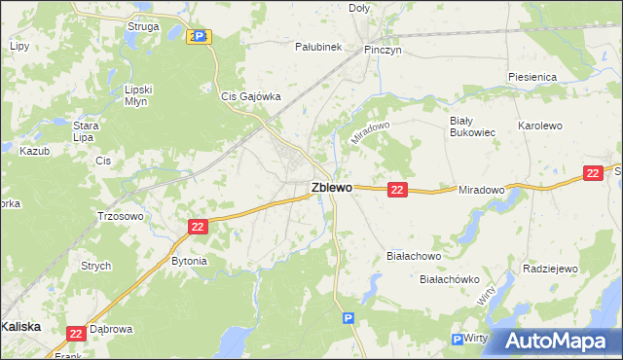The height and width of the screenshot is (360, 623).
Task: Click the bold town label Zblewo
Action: coord(331,188)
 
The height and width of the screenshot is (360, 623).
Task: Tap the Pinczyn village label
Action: coord(383,48)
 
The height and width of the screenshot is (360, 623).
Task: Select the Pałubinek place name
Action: coord(318,46)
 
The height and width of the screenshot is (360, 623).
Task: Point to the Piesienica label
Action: coord(531,76)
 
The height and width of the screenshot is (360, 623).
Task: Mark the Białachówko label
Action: coord(450,279)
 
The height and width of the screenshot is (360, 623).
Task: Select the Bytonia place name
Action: coord(190,261)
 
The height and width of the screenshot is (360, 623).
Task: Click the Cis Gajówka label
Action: coord(251,96)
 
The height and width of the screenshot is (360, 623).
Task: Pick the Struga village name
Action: coord(143,26)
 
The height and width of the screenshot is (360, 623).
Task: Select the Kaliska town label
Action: coord(20,327)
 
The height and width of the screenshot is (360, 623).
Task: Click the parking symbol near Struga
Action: coord(199,36)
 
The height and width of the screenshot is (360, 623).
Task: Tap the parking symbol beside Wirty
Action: coord(457,339)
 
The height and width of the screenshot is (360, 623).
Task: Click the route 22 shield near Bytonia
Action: coord(198,227)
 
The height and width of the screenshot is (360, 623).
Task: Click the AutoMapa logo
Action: coord(555,341)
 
